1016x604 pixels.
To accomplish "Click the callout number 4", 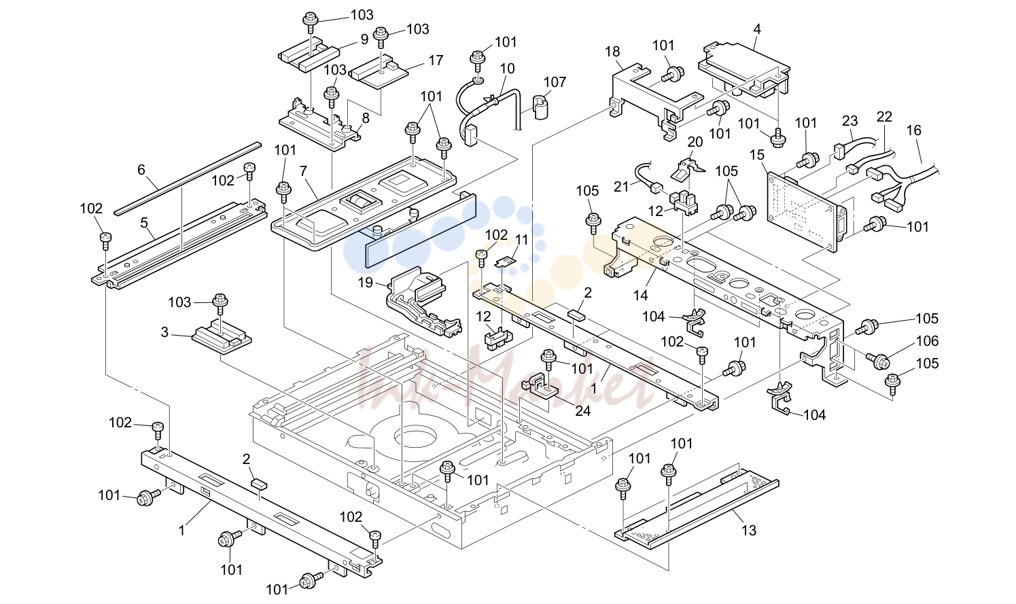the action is click(x=756, y=29).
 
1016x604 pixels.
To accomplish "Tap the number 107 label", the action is click(x=555, y=82).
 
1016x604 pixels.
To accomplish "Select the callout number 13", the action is click(x=749, y=530).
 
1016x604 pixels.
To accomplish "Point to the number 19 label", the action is click(x=365, y=283).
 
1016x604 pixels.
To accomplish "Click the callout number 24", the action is click(x=583, y=411).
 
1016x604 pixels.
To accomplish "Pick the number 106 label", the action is click(x=927, y=341).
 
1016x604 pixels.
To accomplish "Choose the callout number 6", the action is click(x=141, y=170).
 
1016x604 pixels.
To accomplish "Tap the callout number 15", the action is click(x=757, y=155).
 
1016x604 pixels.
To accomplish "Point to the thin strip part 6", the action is click(x=188, y=179).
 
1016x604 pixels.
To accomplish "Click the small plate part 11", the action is click(x=506, y=261).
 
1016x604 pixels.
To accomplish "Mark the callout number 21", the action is click(x=621, y=186).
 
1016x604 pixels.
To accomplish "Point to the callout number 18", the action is click(x=612, y=52).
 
